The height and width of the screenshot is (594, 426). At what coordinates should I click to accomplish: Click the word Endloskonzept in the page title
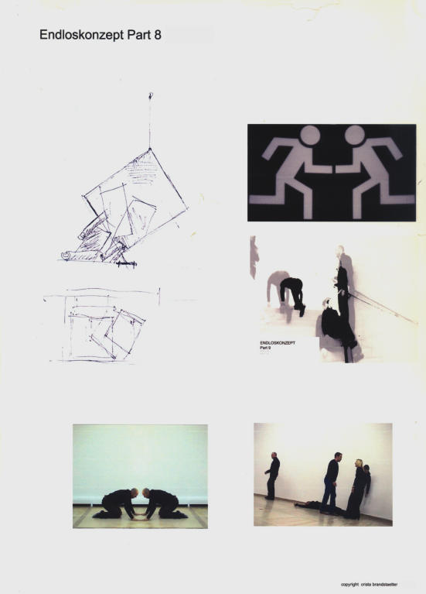[x=81, y=35]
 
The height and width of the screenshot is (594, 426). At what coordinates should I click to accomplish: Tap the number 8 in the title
[x=158, y=35]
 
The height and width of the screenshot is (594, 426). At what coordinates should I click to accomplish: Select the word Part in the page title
[x=139, y=35]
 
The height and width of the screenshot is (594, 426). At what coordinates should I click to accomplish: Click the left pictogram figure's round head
[x=310, y=136]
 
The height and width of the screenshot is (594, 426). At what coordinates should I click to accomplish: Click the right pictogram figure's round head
[x=355, y=136]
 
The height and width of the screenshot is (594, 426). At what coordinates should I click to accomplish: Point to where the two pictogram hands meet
[x=333, y=169]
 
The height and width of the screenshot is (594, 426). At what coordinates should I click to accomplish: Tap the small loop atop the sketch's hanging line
[x=150, y=95]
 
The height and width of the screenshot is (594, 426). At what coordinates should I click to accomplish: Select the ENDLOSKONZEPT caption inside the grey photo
[x=278, y=343]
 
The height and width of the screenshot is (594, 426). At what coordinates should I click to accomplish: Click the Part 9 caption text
[x=265, y=348]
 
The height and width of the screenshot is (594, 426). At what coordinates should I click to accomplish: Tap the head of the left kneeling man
[x=134, y=493]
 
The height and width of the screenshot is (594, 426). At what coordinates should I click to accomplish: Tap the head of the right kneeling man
[x=146, y=493]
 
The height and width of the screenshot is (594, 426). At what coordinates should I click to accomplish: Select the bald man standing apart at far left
[x=272, y=476]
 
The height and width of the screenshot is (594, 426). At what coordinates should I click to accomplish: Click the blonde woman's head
[x=358, y=464]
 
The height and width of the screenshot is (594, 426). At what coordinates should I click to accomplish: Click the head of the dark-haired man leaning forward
[x=338, y=456]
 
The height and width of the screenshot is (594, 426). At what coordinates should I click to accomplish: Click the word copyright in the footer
[x=349, y=585]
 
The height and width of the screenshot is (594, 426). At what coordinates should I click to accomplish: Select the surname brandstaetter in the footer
[x=383, y=585]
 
